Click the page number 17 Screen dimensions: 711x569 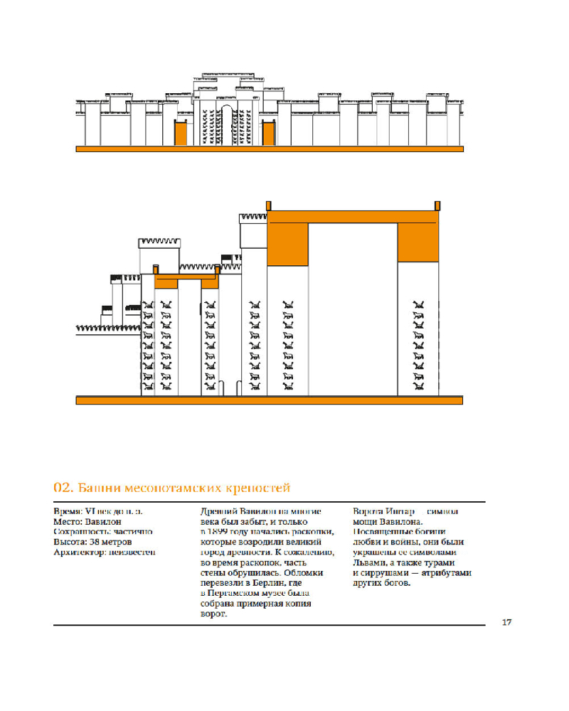(506, 624)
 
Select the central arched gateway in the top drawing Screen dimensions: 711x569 (225, 125)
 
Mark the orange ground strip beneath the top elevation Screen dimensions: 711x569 (270, 149)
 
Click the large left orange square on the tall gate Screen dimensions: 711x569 (287, 243)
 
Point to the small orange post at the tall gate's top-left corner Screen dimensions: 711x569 (268, 205)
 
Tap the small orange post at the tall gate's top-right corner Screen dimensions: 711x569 (436, 205)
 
